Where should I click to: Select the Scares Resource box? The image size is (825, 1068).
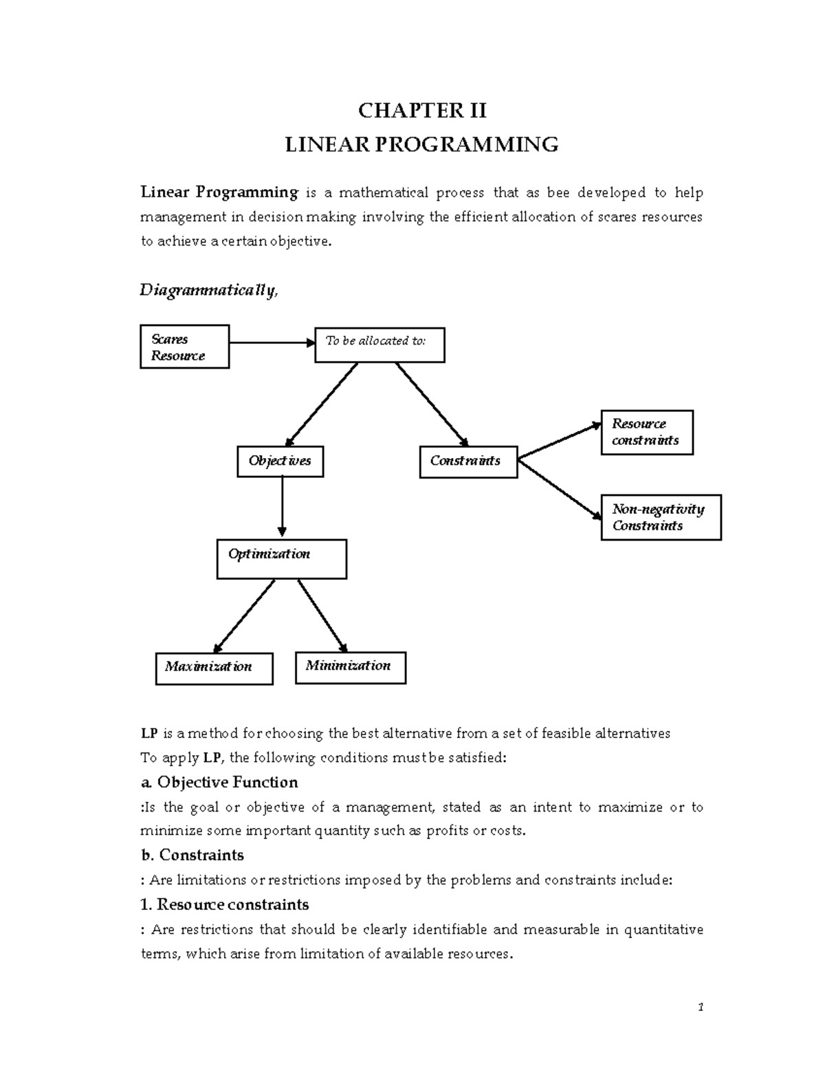(x=184, y=347)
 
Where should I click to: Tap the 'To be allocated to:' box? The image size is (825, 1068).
(x=379, y=345)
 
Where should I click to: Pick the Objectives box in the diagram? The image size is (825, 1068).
(x=280, y=461)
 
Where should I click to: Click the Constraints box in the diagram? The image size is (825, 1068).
(x=468, y=461)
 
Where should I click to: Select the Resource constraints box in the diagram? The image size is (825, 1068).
(x=646, y=433)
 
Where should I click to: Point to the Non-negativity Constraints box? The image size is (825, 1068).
(x=661, y=517)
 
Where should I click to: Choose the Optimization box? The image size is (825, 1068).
(x=282, y=559)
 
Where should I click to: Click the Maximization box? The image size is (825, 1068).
(x=214, y=668)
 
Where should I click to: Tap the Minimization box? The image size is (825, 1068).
(x=350, y=668)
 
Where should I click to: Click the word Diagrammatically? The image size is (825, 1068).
(x=209, y=291)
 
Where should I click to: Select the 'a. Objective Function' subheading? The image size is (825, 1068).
(x=219, y=783)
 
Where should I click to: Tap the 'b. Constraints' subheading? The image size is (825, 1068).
(x=192, y=856)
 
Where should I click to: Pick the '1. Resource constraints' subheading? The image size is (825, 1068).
(x=224, y=904)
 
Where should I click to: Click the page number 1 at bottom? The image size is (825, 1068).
(x=700, y=1008)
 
